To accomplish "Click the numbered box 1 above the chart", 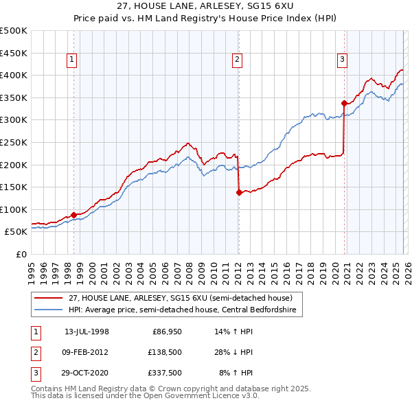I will coord(73,60).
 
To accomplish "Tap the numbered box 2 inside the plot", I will coord(237,60).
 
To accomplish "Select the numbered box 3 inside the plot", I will coord(342,60).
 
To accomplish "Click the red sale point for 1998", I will coord(73,215).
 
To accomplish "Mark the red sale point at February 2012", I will coord(238,192).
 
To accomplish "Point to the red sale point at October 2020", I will coord(343,103).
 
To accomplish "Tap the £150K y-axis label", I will coord(14,187).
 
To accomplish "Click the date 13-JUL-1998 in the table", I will coord(87,332).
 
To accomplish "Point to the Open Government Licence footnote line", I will coord(145,396).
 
